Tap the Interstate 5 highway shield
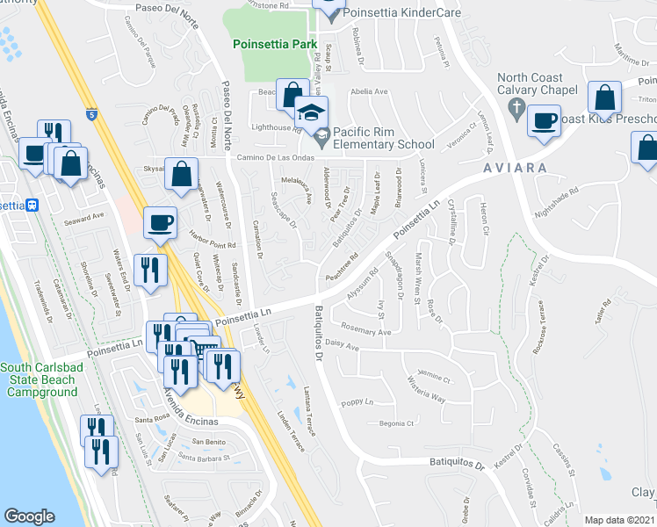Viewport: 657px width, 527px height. tap(92, 113)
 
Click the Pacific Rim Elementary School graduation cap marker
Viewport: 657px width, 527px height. tap(310, 113)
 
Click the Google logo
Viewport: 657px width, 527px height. tap(29, 516)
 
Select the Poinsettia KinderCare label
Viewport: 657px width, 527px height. tap(388, 15)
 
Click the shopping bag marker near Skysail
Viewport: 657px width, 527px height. tap(180, 175)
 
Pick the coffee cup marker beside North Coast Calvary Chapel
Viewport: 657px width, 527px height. tap(545, 119)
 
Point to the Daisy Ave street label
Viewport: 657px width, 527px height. tap(343, 347)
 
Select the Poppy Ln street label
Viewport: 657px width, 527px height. tap(358, 401)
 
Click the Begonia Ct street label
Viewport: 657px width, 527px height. tap(393, 423)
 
